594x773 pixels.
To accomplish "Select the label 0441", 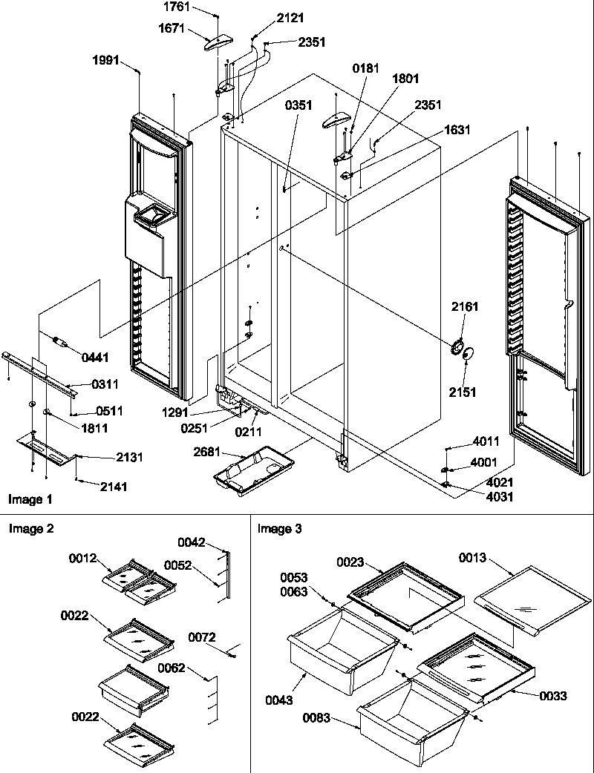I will [95, 358].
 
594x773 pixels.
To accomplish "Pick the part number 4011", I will [486, 441].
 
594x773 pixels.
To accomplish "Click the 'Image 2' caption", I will [30, 529].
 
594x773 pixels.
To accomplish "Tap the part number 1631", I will [457, 130].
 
